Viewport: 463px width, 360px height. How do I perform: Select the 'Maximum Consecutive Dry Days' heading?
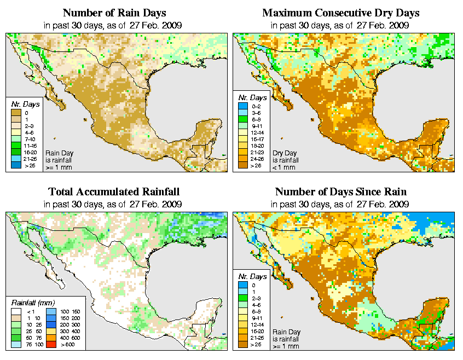coord(341,13)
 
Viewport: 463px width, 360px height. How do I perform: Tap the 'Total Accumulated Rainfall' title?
coord(113,191)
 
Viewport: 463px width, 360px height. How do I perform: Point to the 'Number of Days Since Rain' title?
coord(341,191)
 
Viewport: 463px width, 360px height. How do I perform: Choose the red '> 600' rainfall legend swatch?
coord(50,345)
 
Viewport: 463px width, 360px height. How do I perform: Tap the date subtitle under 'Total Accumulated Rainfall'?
coord(113,204)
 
